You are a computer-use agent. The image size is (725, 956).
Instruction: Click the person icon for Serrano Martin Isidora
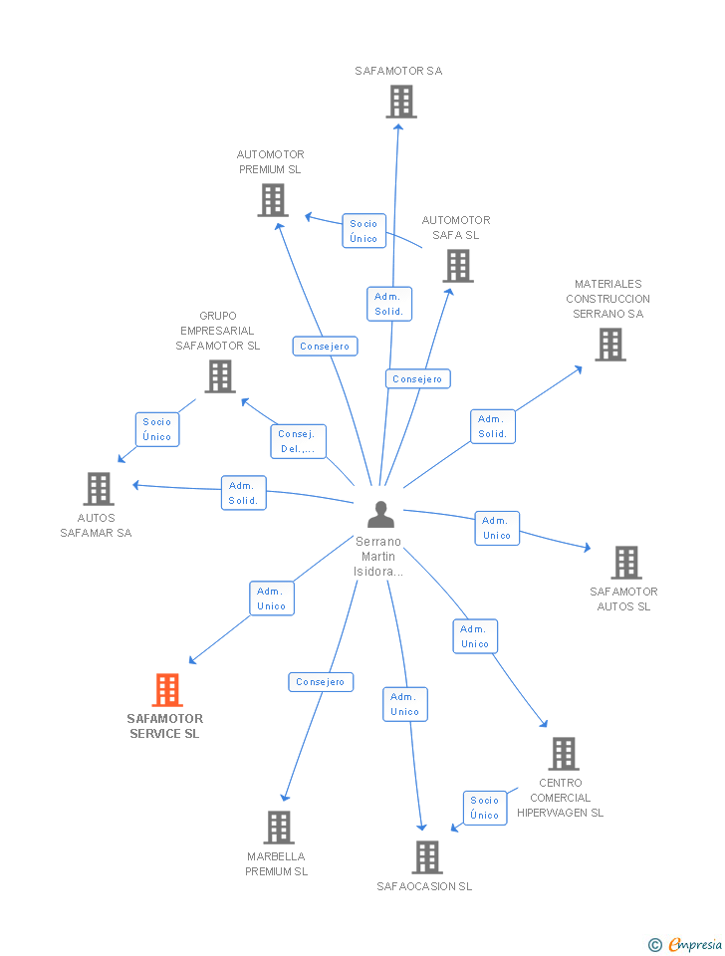coord(380,515)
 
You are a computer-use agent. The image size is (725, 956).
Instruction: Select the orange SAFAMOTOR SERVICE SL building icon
coord(166,690)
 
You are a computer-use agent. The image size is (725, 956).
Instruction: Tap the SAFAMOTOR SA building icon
coord(400,102)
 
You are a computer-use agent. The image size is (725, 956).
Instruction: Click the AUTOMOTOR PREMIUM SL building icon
coord(272,200)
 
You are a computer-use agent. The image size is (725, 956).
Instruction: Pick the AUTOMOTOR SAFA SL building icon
coord(457,266)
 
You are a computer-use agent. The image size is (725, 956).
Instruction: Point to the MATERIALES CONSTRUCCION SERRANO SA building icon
coord(609,345)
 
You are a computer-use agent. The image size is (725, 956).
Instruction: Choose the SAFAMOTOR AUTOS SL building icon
coord(625,563)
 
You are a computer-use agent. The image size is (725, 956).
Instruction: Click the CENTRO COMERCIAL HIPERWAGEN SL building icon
coord(563,754)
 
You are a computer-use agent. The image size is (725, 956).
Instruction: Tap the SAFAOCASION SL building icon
coord(426,857)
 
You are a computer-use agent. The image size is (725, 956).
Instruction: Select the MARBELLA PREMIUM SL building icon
coord(279,828)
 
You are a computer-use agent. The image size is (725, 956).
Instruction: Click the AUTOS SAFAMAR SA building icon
coord(98,489)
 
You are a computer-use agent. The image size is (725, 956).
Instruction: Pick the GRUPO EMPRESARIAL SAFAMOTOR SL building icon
coord(219,376)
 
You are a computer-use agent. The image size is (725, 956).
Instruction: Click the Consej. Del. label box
coord(298,441)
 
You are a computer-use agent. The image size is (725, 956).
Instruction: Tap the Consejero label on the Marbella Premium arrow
coord(321,682)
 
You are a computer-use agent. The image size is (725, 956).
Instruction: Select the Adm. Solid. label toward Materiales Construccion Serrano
coord(493,426)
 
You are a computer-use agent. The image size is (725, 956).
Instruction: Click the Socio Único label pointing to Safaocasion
coord(485,808)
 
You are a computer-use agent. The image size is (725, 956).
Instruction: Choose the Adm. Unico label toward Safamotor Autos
coord(496,528)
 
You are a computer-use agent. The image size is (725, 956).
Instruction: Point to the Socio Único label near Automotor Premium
coord(363,231)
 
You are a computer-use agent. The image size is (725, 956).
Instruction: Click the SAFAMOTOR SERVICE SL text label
coord(165,726)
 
